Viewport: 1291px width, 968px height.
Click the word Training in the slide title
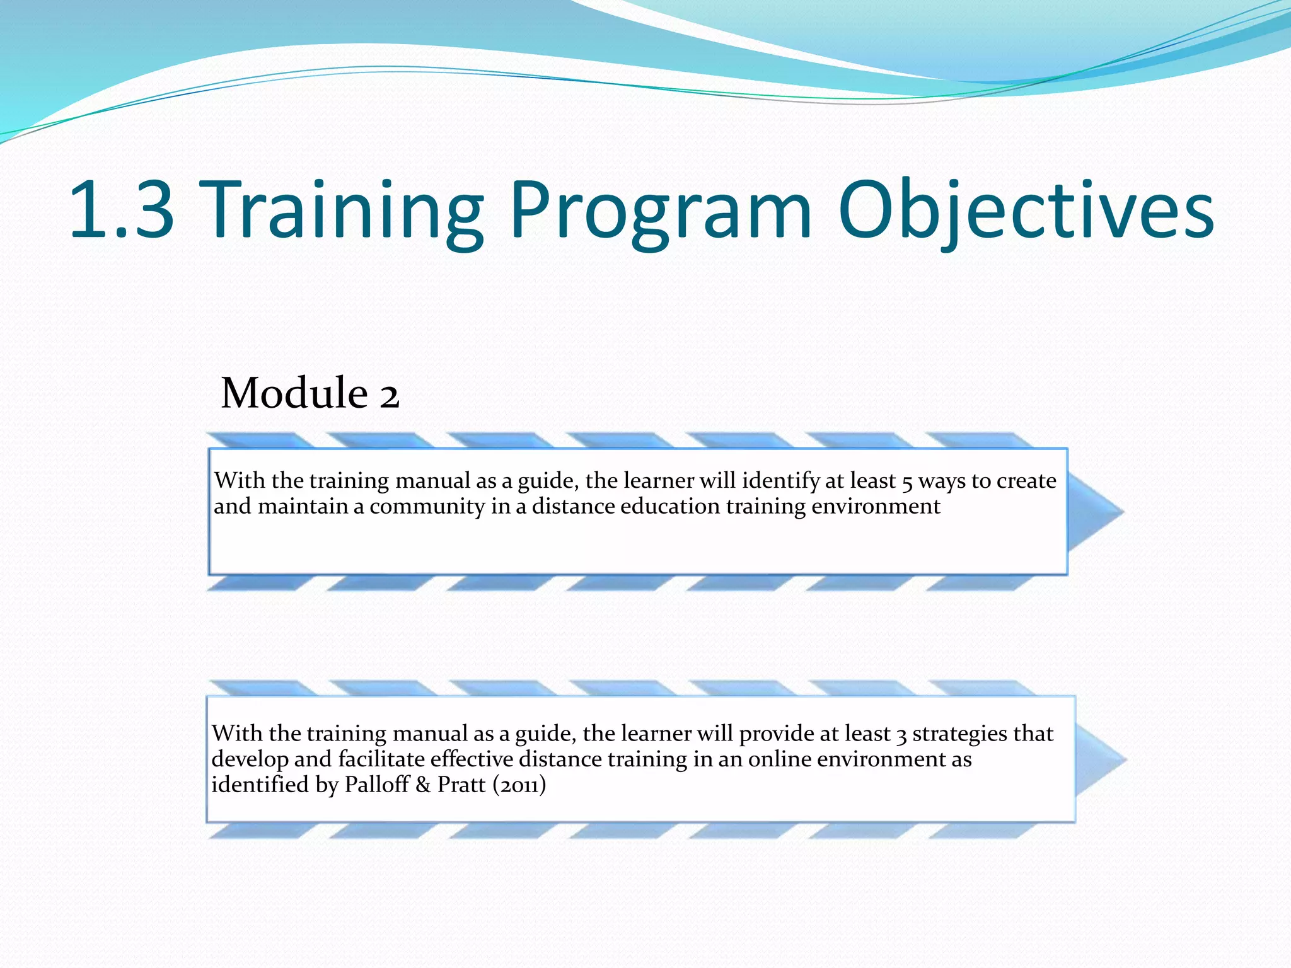click(x=344, y=210)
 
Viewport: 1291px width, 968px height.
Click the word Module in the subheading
click(x=294, y=393)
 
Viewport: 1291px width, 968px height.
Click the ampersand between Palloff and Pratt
click(x=423, y=785)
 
